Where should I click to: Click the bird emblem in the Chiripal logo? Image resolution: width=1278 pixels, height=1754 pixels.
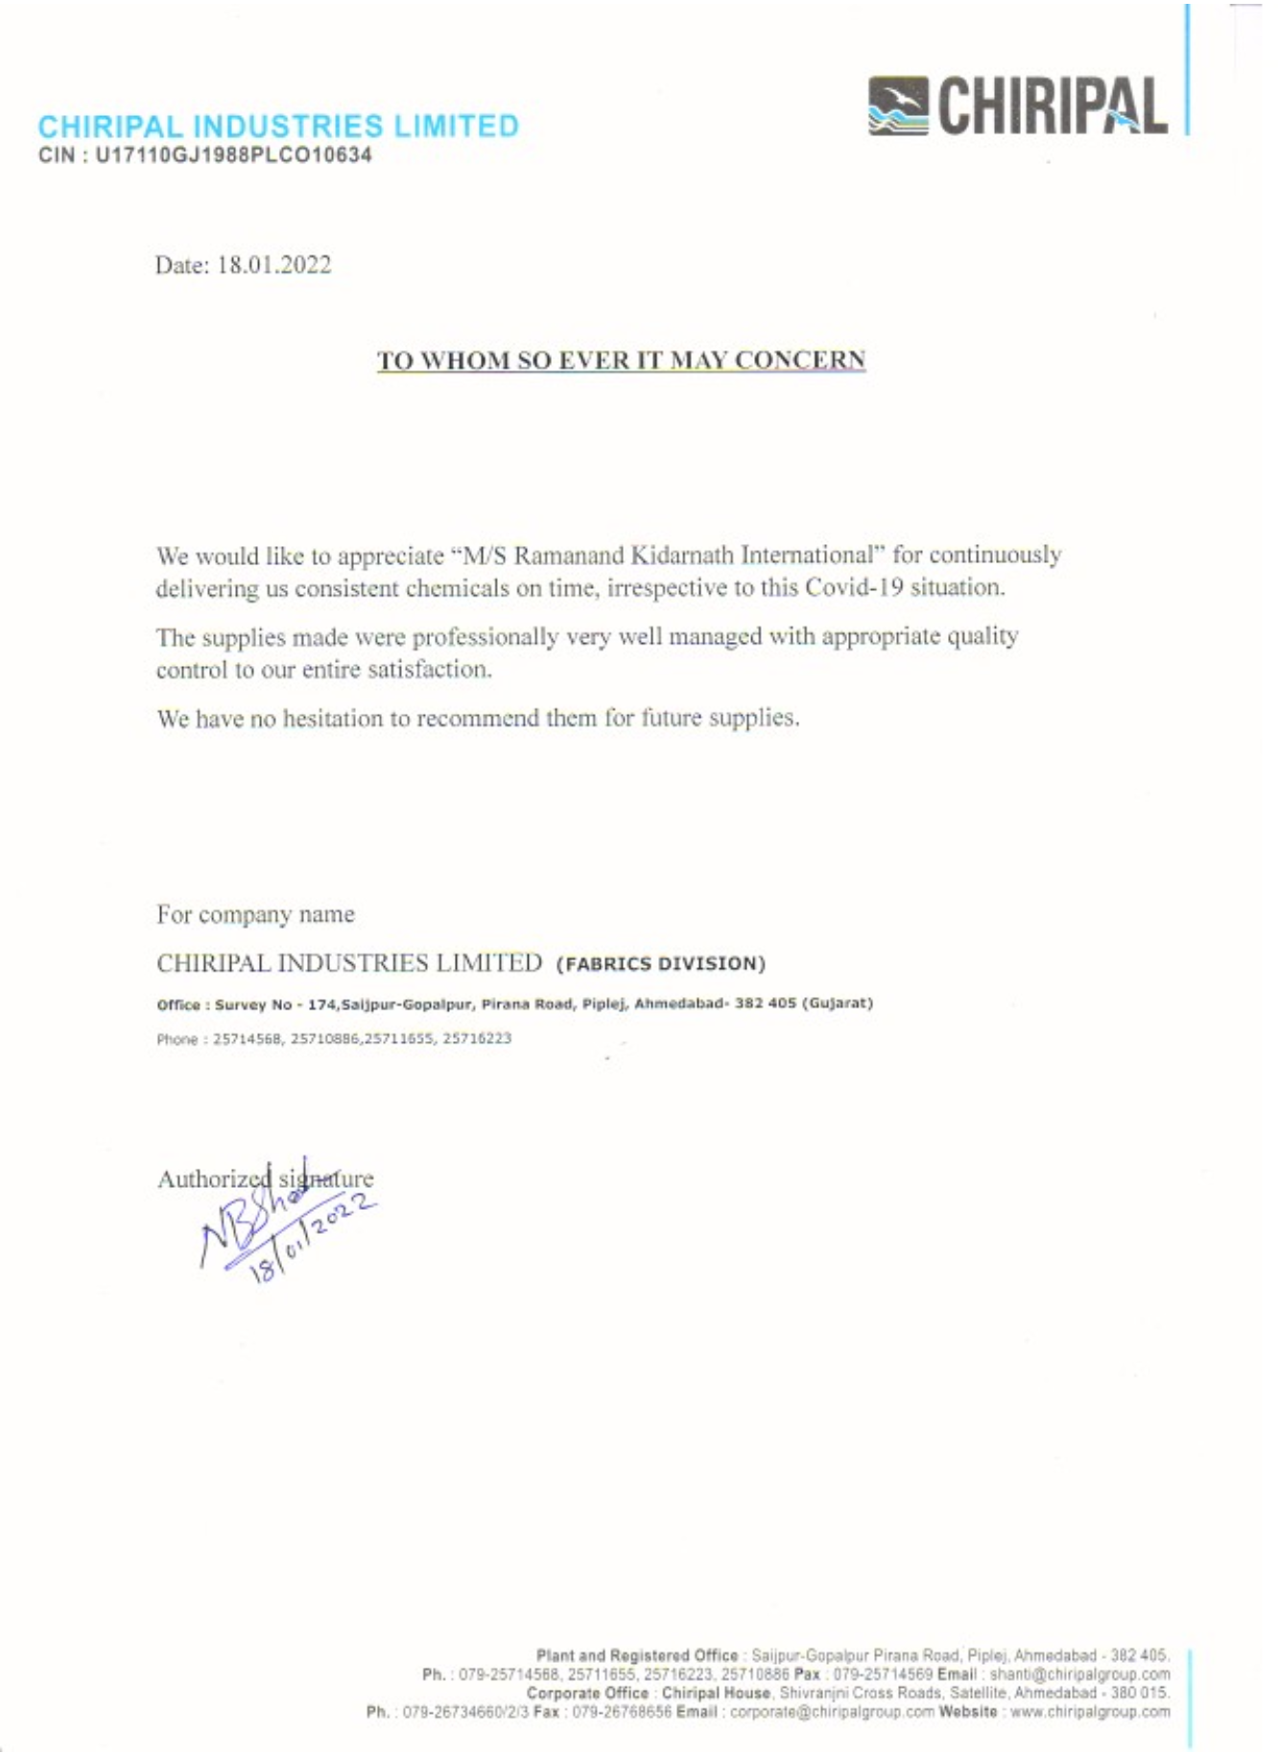click(898, 105)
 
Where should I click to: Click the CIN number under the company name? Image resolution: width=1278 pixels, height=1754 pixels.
click(233, 155)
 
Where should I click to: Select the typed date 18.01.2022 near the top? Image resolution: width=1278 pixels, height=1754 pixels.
click(274, 265)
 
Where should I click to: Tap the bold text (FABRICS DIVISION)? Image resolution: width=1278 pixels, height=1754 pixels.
click(661, 963)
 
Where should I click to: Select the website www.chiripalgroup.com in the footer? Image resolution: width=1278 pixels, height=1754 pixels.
click(1090, 1712)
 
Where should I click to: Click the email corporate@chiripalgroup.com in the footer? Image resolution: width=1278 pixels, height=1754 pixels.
click(832, 1712)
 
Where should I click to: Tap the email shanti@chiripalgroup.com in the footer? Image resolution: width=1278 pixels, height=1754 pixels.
click(1079, 1674)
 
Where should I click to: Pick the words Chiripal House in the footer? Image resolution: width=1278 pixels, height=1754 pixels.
click(716, 1694)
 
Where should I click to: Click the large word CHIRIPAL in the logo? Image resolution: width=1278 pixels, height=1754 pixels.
click(1053, 106)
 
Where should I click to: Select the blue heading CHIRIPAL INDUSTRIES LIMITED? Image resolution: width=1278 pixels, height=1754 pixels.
click(278, 127)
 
